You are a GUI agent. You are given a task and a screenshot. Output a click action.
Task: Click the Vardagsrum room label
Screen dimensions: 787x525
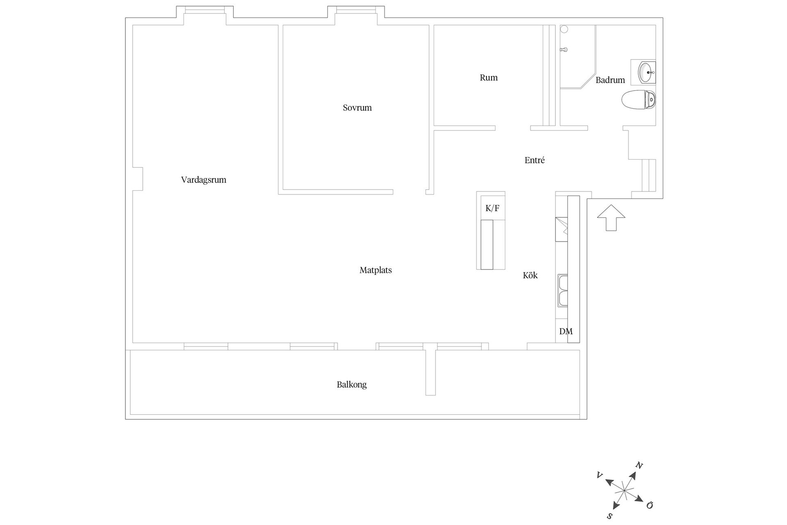204,180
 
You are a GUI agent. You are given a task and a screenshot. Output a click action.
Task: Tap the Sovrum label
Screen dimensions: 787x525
357,108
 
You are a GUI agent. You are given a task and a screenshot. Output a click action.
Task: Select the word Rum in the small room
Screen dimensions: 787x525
489,78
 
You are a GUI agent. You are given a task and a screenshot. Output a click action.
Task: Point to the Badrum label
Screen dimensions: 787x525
610,80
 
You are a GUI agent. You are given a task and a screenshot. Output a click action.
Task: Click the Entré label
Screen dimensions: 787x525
535,160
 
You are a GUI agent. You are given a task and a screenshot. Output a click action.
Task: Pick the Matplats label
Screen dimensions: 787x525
376,270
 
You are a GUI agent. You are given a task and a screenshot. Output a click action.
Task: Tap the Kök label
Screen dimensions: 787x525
530,275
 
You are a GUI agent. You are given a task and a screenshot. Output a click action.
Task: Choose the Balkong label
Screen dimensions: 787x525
352,385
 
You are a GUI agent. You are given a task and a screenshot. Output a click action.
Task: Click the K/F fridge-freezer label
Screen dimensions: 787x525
492,208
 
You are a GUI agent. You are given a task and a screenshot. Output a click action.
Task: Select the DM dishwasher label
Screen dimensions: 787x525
566,331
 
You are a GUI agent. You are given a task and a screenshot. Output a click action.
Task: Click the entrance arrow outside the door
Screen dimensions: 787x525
611,217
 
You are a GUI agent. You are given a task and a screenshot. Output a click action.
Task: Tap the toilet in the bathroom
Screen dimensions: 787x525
639,100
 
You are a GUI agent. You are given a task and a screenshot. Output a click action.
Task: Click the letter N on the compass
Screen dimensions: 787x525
639,465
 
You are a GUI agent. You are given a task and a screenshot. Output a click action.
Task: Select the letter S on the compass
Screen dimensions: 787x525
610,516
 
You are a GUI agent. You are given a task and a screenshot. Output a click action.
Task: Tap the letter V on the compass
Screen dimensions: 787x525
600,475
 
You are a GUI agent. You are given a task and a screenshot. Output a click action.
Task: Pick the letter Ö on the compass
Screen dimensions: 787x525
649,505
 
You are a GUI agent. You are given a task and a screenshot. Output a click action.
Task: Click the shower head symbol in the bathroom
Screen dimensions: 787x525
564,50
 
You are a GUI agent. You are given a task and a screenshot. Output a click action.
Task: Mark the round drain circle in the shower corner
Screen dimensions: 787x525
564,29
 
